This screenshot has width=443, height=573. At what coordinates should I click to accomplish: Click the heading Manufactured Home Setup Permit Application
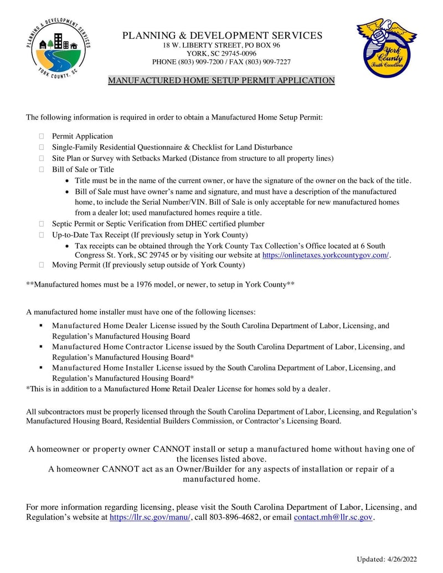tap(221, 81)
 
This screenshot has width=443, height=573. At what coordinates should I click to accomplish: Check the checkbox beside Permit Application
tap(41, 136)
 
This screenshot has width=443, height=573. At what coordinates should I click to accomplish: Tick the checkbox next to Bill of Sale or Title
tap(41, 170)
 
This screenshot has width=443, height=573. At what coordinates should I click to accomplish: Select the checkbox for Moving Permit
tap(41, 265)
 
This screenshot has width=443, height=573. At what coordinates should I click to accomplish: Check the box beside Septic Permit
tap(41, 224)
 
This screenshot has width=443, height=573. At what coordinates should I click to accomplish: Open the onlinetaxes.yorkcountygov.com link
tap(326, 255)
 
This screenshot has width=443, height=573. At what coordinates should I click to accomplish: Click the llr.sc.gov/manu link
tap(150, 518)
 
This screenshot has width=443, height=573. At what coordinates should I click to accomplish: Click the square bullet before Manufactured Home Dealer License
tap(41, 326)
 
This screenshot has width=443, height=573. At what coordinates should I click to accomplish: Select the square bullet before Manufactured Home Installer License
tap(41, 367)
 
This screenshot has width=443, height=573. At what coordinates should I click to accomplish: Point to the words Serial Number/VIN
tap(169, 203)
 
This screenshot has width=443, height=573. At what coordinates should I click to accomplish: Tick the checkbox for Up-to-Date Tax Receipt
tap(41, 235)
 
